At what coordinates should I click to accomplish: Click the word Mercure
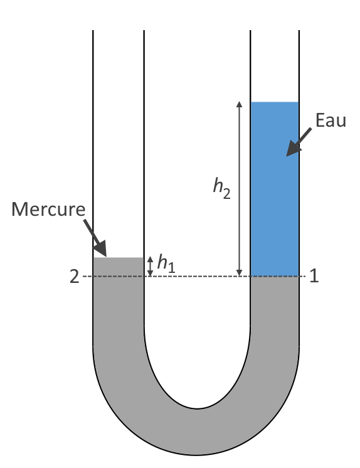[48, 210]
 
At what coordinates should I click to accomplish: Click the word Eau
[331, 120]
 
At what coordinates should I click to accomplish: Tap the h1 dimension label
[166, 263]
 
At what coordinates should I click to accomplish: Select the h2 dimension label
[222, 188]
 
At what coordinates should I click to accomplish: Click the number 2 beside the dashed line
[75, 277]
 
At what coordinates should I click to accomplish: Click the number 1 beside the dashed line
[314, 276]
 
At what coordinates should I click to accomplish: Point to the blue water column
[275, 189]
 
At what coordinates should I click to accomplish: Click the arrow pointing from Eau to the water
[299, 142]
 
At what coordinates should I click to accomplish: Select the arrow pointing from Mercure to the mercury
[95, 238]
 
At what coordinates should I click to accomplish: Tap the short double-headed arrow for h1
[151, 266]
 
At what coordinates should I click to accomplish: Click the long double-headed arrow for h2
[239, 189]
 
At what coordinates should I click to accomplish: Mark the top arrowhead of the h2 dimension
[239, 104]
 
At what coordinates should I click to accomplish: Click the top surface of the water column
[275, 102]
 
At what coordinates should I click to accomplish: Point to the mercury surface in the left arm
[119, 258]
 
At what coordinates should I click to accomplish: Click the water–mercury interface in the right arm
[275, 277]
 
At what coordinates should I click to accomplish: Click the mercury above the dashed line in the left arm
[119, 267]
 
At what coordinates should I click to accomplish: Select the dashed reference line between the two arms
[197, 277]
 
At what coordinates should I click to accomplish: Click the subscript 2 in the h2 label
[226, 194]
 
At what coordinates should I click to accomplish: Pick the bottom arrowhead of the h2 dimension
[239, 273]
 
